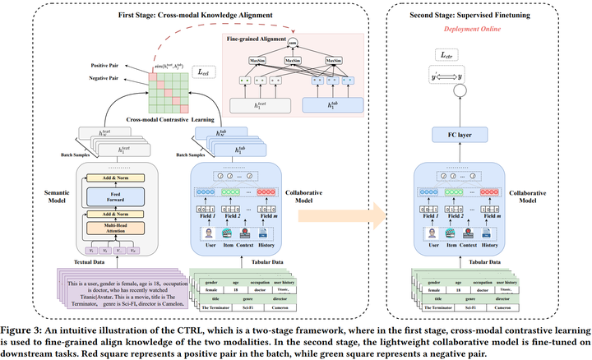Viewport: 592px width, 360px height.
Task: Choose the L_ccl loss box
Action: [202, 73]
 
